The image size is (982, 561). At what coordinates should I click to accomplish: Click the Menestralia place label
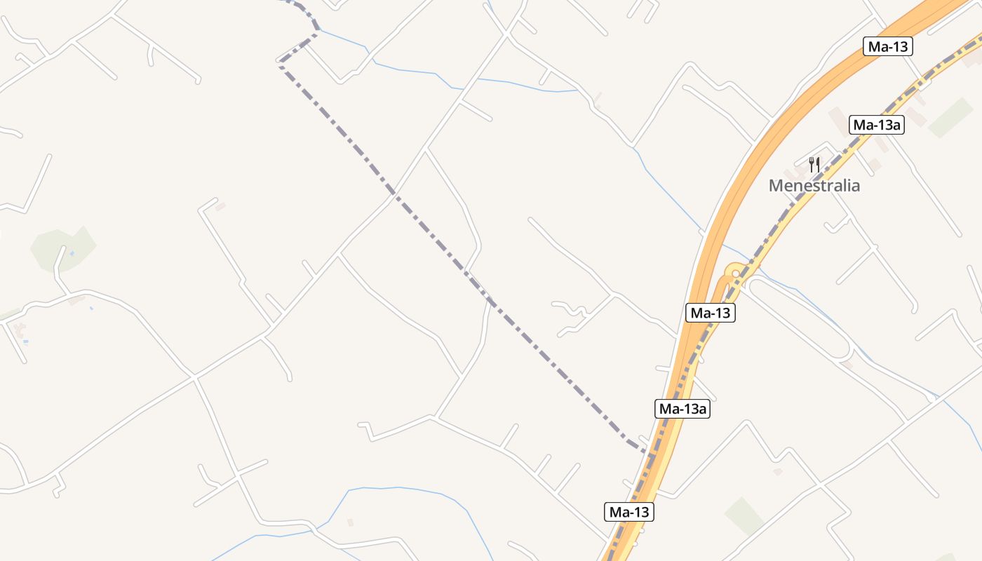[x=814, y=186]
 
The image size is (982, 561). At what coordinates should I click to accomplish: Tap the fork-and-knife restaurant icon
[x=814, y=165]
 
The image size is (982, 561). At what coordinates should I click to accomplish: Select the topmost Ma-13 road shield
[x=888, y=47]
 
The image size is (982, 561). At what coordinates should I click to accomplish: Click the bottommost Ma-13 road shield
[x=629, y=512]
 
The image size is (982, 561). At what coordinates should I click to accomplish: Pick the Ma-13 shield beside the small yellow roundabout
[x=711, y=313]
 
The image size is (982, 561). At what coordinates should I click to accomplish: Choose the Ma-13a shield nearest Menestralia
[x=877, y=126]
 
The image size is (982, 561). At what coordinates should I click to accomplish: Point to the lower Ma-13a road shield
[x=682, y=409]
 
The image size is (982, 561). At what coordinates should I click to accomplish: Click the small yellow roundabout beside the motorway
[x=734, y=273]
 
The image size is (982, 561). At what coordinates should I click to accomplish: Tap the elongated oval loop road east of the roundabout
[x=800, y=316]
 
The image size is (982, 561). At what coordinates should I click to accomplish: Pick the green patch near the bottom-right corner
[x=744, y=515]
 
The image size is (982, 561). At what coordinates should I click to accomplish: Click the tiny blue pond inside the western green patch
[x=72, y=253]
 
